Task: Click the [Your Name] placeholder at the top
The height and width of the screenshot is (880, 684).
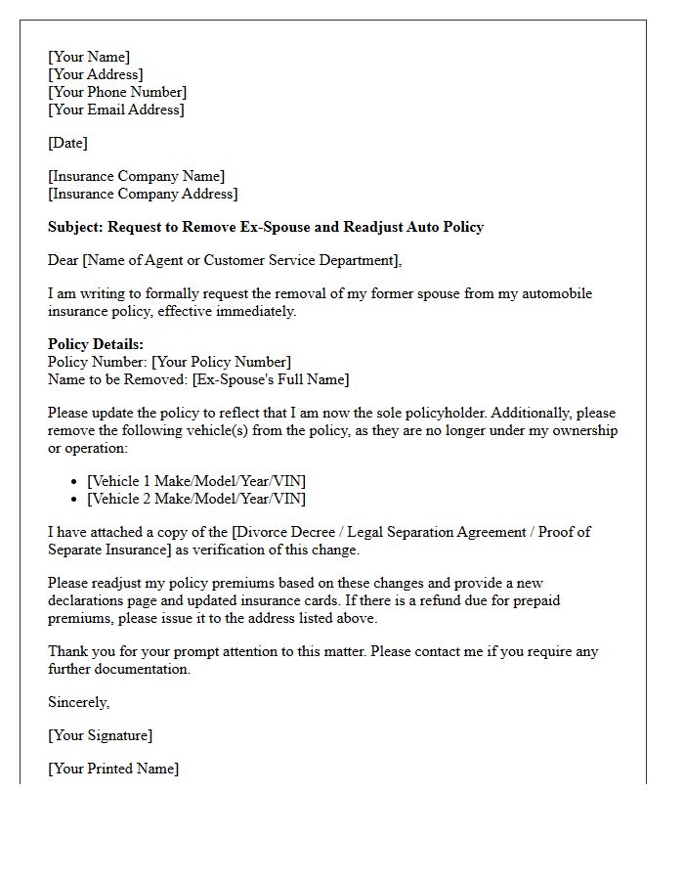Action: click(x=89, y=57)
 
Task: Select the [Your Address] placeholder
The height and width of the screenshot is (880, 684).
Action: click(x=96, y=74)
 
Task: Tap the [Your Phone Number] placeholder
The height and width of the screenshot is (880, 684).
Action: click(x=117, y=92)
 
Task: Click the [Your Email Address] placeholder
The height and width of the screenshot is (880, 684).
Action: click(x=115, y=110)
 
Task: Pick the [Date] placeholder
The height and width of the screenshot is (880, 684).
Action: click(x=67, y=143)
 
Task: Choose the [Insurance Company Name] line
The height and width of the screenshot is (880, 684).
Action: click(x=136, y=176)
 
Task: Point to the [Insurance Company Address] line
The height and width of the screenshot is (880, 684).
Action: click(x=143, y=194)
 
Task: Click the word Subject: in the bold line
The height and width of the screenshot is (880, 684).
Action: click(x=75, y=227)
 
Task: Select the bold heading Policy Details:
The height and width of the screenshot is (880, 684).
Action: click(x=96, y=344)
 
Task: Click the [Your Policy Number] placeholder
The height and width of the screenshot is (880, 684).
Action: click(x=221, y=362)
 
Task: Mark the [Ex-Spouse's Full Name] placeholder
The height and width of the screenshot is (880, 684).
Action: click(x=271, y=379)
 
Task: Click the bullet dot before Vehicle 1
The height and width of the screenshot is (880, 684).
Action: click(x=75, y=482)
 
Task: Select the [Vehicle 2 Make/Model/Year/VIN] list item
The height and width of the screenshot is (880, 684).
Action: click(x=196, y=499)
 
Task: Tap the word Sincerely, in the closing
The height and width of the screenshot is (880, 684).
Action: click(x=79, y=702)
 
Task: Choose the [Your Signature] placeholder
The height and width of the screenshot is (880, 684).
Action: click(x=100, y=735)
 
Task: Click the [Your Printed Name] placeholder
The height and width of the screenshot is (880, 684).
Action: click(x=113, y=769)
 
